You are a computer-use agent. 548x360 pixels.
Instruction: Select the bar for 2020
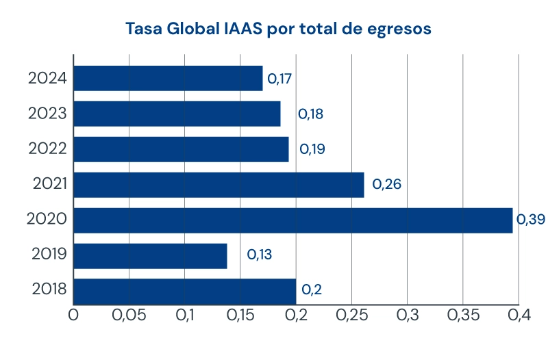[x=292, y=220]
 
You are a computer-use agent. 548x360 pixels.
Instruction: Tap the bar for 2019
[x=150, y=256]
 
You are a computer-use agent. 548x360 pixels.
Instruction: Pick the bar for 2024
[x=168, y=78]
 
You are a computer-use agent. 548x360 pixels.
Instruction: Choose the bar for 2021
[x=219, y=185]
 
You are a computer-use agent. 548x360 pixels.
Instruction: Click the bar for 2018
[x=184, y=291]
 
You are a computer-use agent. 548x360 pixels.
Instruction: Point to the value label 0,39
[x=530, y=220]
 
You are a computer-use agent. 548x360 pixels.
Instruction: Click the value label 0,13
[x=260, y=255]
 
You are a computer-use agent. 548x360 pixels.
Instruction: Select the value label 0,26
[x=386, y=184]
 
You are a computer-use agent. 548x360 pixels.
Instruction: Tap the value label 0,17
[x=279, y=79]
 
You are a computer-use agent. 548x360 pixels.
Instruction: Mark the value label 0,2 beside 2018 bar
[x=312, y=290]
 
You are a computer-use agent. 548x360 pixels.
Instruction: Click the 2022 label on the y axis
[x=47, y=149]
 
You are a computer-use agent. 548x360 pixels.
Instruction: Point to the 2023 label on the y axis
[x=47, y=113]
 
